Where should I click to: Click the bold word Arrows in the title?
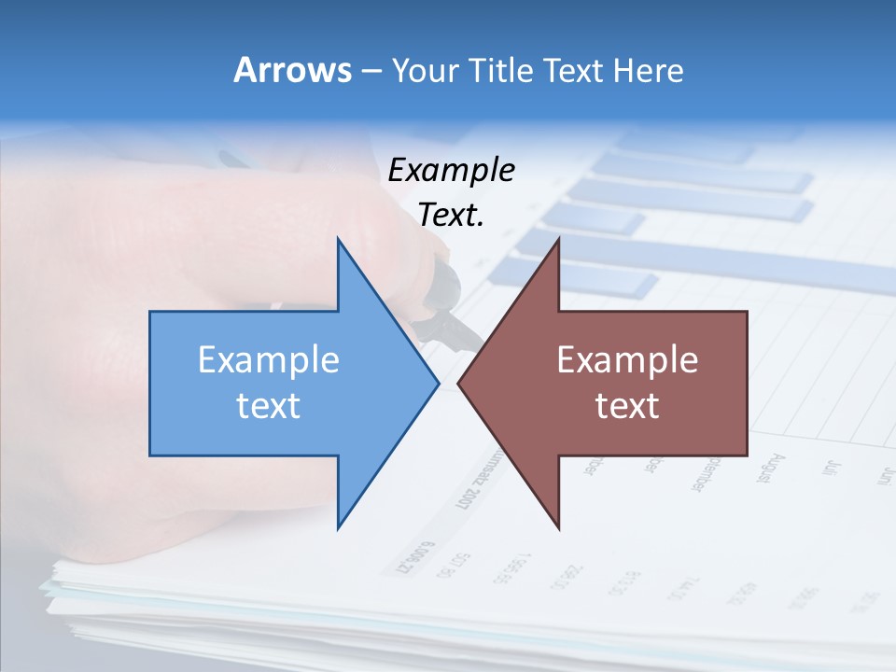(292, 70)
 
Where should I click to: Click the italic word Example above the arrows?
(451, 170)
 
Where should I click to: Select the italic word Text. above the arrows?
(451, 215)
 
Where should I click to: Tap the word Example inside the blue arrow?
(268, 359)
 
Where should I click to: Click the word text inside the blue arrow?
(268, 405)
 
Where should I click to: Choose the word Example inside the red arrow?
(627, 359)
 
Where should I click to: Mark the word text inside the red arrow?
(627, 405)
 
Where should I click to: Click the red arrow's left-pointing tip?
(459, 383)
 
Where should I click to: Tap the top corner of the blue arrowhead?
(338, 240)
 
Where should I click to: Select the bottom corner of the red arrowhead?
(558, 527)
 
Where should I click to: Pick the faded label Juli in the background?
(829, 466)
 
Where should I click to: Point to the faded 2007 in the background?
(464, 493)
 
